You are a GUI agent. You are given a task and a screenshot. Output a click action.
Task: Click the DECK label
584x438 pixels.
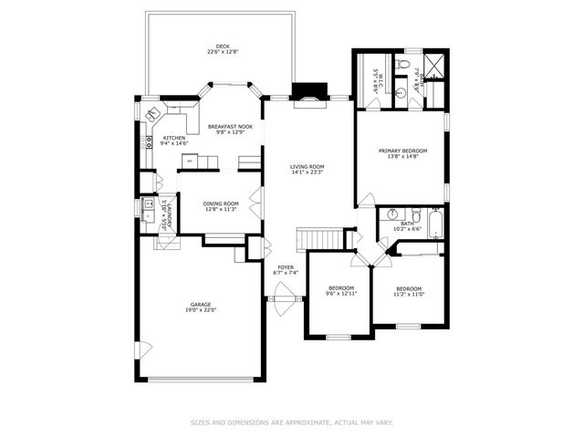223,47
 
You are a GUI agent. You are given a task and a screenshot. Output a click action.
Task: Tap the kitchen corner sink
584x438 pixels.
154,113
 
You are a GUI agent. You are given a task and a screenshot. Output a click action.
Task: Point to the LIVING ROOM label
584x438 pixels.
308,166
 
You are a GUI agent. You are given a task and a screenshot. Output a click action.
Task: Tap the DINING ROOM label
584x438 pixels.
221,203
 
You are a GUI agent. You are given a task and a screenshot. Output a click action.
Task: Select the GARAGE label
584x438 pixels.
201,304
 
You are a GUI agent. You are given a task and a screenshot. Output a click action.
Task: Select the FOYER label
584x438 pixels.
286,267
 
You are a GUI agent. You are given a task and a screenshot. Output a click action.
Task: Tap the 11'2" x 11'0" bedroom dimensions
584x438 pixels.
408,294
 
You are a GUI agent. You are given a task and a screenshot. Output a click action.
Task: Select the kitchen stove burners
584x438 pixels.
146,142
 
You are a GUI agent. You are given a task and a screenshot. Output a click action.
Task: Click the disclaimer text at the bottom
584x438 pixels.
292,422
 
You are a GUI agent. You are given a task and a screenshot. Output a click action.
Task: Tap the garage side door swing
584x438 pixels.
141,349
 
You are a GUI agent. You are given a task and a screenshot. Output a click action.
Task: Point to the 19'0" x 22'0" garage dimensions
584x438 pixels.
201,310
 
